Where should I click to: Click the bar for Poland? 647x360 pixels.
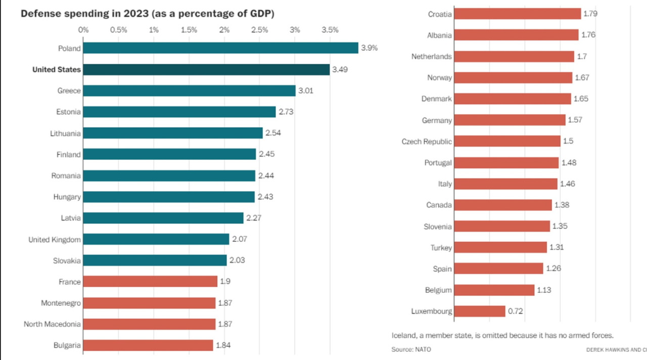point(220,48)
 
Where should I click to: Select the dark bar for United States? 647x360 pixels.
point(206,69)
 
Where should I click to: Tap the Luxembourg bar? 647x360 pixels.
point(480,311)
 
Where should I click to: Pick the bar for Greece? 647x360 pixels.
point(189,91)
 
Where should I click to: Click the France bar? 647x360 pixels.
point(150,281)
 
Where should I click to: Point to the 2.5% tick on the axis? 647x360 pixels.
point(259,30)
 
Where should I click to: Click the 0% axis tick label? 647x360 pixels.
point(83,30)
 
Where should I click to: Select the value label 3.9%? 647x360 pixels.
point(369,48)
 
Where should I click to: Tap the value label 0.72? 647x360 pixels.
point(515,311)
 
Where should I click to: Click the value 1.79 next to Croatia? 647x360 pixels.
point(590,14)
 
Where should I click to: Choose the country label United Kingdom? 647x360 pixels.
point(55,239)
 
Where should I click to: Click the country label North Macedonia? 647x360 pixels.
point(52,324)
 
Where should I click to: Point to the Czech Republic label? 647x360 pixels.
point(427,142)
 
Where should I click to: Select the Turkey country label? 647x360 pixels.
point(441,248)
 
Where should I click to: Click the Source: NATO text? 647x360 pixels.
point(411,349)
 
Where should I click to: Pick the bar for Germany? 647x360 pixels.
point(510,120)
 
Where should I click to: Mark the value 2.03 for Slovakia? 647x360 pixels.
point(238,260)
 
